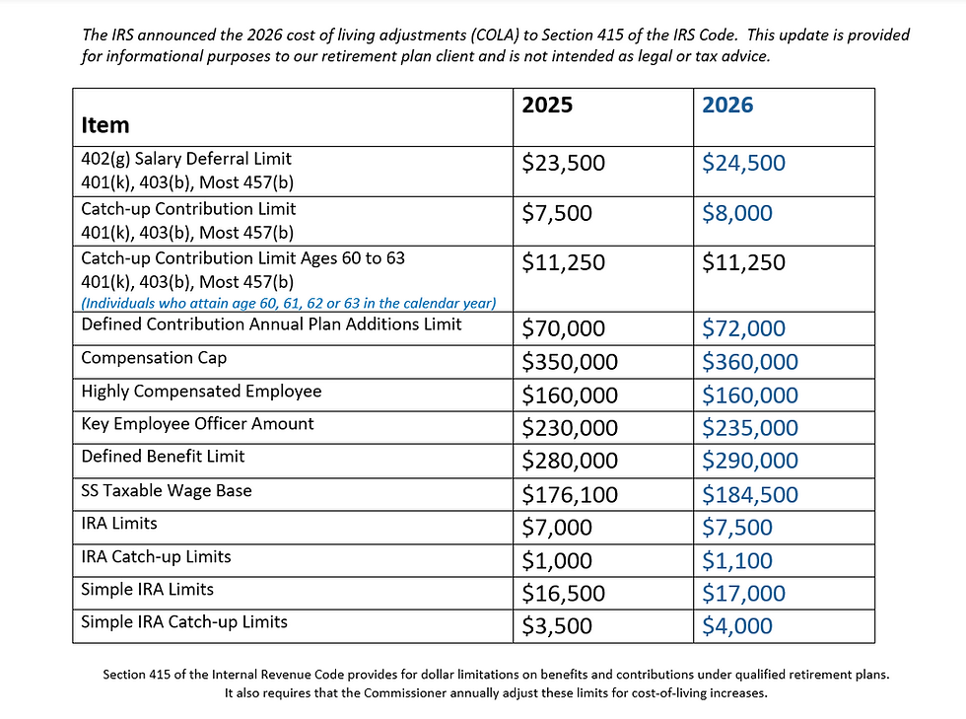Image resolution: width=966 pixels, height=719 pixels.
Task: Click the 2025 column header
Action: (547, 106)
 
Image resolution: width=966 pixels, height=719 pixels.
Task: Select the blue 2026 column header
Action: (727, 106)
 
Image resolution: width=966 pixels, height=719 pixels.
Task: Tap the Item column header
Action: (105, 125)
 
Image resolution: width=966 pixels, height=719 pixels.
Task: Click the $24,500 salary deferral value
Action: (743, 163)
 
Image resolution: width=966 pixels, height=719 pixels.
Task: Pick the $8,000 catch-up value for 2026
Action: (736, 213)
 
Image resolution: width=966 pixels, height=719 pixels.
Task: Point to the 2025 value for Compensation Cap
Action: (569, 362)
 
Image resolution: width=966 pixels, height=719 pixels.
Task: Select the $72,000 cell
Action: (743, 328)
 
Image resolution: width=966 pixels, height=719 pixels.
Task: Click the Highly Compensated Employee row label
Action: (201, 392)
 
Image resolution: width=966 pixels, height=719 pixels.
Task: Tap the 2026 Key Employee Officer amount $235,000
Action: (749, 428)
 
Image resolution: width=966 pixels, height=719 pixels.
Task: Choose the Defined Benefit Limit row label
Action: (163, 457)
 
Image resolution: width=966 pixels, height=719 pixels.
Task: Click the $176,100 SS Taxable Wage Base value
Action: (569, 495)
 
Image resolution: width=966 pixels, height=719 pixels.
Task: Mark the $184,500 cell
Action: (749, 495)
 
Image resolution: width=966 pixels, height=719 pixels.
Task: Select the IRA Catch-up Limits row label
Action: (156, 557)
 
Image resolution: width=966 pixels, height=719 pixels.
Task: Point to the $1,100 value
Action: (736, 561)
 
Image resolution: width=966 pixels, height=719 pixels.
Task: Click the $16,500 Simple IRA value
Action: (563, 594)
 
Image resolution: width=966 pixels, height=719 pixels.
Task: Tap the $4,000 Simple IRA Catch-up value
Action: (736, 626)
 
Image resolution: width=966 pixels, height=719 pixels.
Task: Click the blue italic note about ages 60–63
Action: (288, 303)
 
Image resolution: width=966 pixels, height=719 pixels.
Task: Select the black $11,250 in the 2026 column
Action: (743, 262)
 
